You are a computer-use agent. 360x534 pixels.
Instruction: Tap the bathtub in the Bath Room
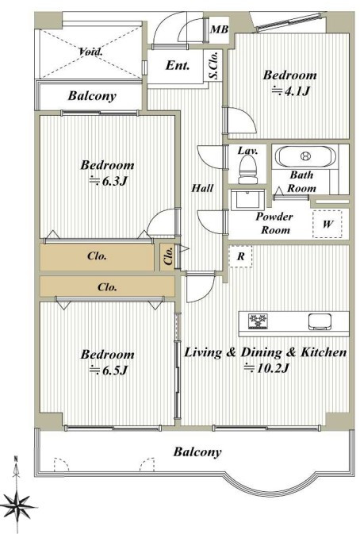305,156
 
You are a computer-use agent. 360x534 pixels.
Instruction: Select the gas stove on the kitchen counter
259,321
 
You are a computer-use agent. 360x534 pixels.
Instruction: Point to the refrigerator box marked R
240,256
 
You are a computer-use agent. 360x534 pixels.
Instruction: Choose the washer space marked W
327,224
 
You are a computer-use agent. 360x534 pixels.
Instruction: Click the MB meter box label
219,29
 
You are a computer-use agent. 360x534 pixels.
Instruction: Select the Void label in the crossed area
90,52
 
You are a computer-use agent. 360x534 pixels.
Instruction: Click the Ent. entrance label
178,65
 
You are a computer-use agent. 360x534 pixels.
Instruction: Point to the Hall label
202,187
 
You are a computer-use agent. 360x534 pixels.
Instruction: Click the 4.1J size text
290,91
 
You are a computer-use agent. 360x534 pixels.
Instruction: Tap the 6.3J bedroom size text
108,181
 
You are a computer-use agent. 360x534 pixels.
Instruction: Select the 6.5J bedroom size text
108,370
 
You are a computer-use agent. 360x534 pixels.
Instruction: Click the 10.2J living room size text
266,368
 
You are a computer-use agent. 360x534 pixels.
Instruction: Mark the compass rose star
17,506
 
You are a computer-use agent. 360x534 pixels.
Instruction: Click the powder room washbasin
248,200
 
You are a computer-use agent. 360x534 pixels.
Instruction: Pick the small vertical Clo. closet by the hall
168,256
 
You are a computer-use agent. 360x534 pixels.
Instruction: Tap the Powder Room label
274,223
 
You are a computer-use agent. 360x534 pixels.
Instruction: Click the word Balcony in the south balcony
197,452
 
